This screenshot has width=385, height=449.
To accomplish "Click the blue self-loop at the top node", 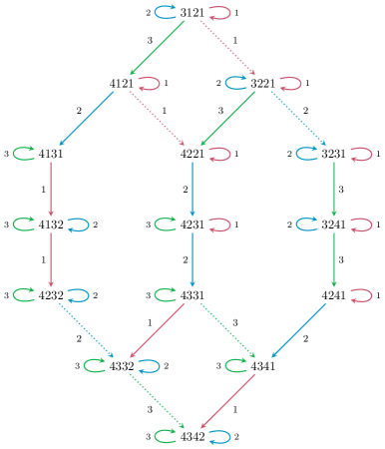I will click(167, 12).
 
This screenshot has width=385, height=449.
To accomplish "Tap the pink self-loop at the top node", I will click(218, 12).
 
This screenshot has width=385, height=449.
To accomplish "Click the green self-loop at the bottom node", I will click(167, 436).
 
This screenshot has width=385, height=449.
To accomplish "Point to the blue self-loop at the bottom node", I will click(218, 436).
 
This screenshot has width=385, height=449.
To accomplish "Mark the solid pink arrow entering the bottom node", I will click(227, 402).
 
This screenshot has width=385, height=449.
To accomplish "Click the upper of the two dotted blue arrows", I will click(298, 118).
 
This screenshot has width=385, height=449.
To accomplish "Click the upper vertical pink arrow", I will click(51, 189).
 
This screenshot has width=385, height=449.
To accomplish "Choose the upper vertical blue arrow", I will click(192, 189).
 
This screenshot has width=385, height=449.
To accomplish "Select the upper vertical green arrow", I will click(333, 189).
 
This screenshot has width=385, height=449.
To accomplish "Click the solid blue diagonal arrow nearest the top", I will click(87, 118).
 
